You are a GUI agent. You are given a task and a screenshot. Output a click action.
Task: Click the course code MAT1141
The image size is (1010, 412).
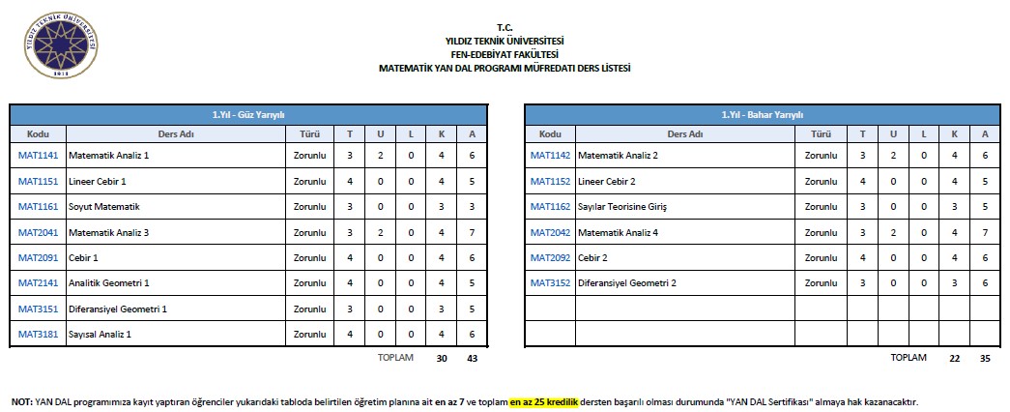[38, 155]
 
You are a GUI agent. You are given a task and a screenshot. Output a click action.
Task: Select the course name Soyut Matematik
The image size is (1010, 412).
[104, 206]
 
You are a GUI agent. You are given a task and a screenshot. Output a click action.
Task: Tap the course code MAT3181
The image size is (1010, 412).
[38, 334]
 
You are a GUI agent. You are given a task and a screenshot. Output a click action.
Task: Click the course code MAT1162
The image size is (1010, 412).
[550, 206]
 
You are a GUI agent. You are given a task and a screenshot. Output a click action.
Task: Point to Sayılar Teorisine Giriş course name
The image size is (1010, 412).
[621, 206]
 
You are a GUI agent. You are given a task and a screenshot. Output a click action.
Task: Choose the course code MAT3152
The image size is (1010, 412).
[550, 282]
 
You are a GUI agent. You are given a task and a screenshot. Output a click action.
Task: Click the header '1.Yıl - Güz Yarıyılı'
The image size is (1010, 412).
[247, 114]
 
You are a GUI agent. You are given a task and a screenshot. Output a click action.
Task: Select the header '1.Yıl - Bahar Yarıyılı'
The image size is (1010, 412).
[762, 114]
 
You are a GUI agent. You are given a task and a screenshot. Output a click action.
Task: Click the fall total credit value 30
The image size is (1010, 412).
[442, 358]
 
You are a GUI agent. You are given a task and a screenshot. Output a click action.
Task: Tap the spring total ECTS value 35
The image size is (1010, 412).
[984, 358]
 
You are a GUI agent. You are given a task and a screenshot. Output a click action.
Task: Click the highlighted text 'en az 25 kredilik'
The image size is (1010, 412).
[543, 401]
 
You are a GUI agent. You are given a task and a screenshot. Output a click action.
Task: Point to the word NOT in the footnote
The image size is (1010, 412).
[20, 401]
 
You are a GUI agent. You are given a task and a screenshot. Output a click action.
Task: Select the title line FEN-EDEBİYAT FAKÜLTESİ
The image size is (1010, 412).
[504, 54]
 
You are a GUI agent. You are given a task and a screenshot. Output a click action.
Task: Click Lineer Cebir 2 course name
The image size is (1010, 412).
[606, 181]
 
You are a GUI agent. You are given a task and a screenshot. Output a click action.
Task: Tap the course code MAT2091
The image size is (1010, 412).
[38, 257]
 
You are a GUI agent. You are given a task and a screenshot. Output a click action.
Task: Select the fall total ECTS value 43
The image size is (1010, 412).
[472, 358]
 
